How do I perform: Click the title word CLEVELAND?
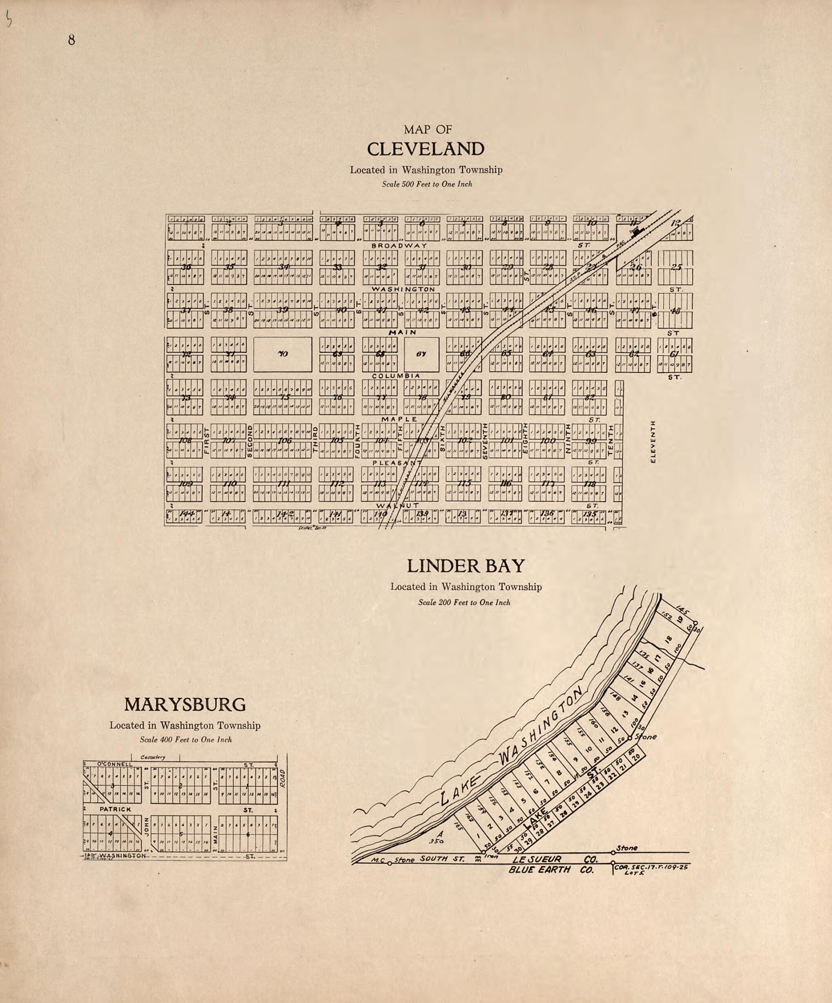pyautogui.click(x=425, y=149)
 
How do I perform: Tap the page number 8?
pyautogui.click(x=71, y=40)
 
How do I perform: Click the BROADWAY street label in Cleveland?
pyautogui.click(x=399, y=245)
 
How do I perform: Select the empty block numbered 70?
pyautogui.click(x=282, y=354)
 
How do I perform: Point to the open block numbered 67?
pyautogui.click(x=421, y=354)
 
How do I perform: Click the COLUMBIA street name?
pyautogui.click(x=396, y=376)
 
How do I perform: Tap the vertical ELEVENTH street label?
pyautogui.click(x=653, y=441)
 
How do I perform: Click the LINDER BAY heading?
pyautogui.click(x=466, y=566)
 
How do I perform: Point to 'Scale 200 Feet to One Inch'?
pyautogui.click(x=464, y=603)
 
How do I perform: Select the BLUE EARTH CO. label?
pyautogui.click(x=551, y=870)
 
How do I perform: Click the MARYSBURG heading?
pyautogui.click(x=185, y=704)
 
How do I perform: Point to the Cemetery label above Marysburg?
pyautogui.click(x=153, y=757)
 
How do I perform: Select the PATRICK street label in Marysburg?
pyautogui.click(x=115, y=810)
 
